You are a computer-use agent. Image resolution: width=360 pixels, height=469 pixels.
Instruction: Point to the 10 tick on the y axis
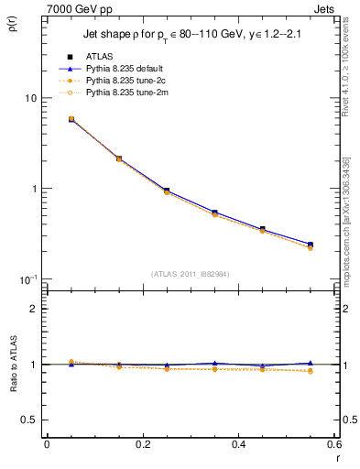[x=29, y=98]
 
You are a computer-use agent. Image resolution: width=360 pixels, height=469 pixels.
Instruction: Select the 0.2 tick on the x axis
[x=142, y=443]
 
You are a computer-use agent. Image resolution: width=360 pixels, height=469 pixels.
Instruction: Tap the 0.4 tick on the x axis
[x=238, y=443]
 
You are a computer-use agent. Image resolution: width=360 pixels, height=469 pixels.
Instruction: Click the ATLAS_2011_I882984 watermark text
[x=190, y=274]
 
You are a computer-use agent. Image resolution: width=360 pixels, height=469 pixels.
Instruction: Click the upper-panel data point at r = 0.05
[x=71, y=119]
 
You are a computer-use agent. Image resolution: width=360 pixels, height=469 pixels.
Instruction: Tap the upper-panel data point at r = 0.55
[x=311, y=245]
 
